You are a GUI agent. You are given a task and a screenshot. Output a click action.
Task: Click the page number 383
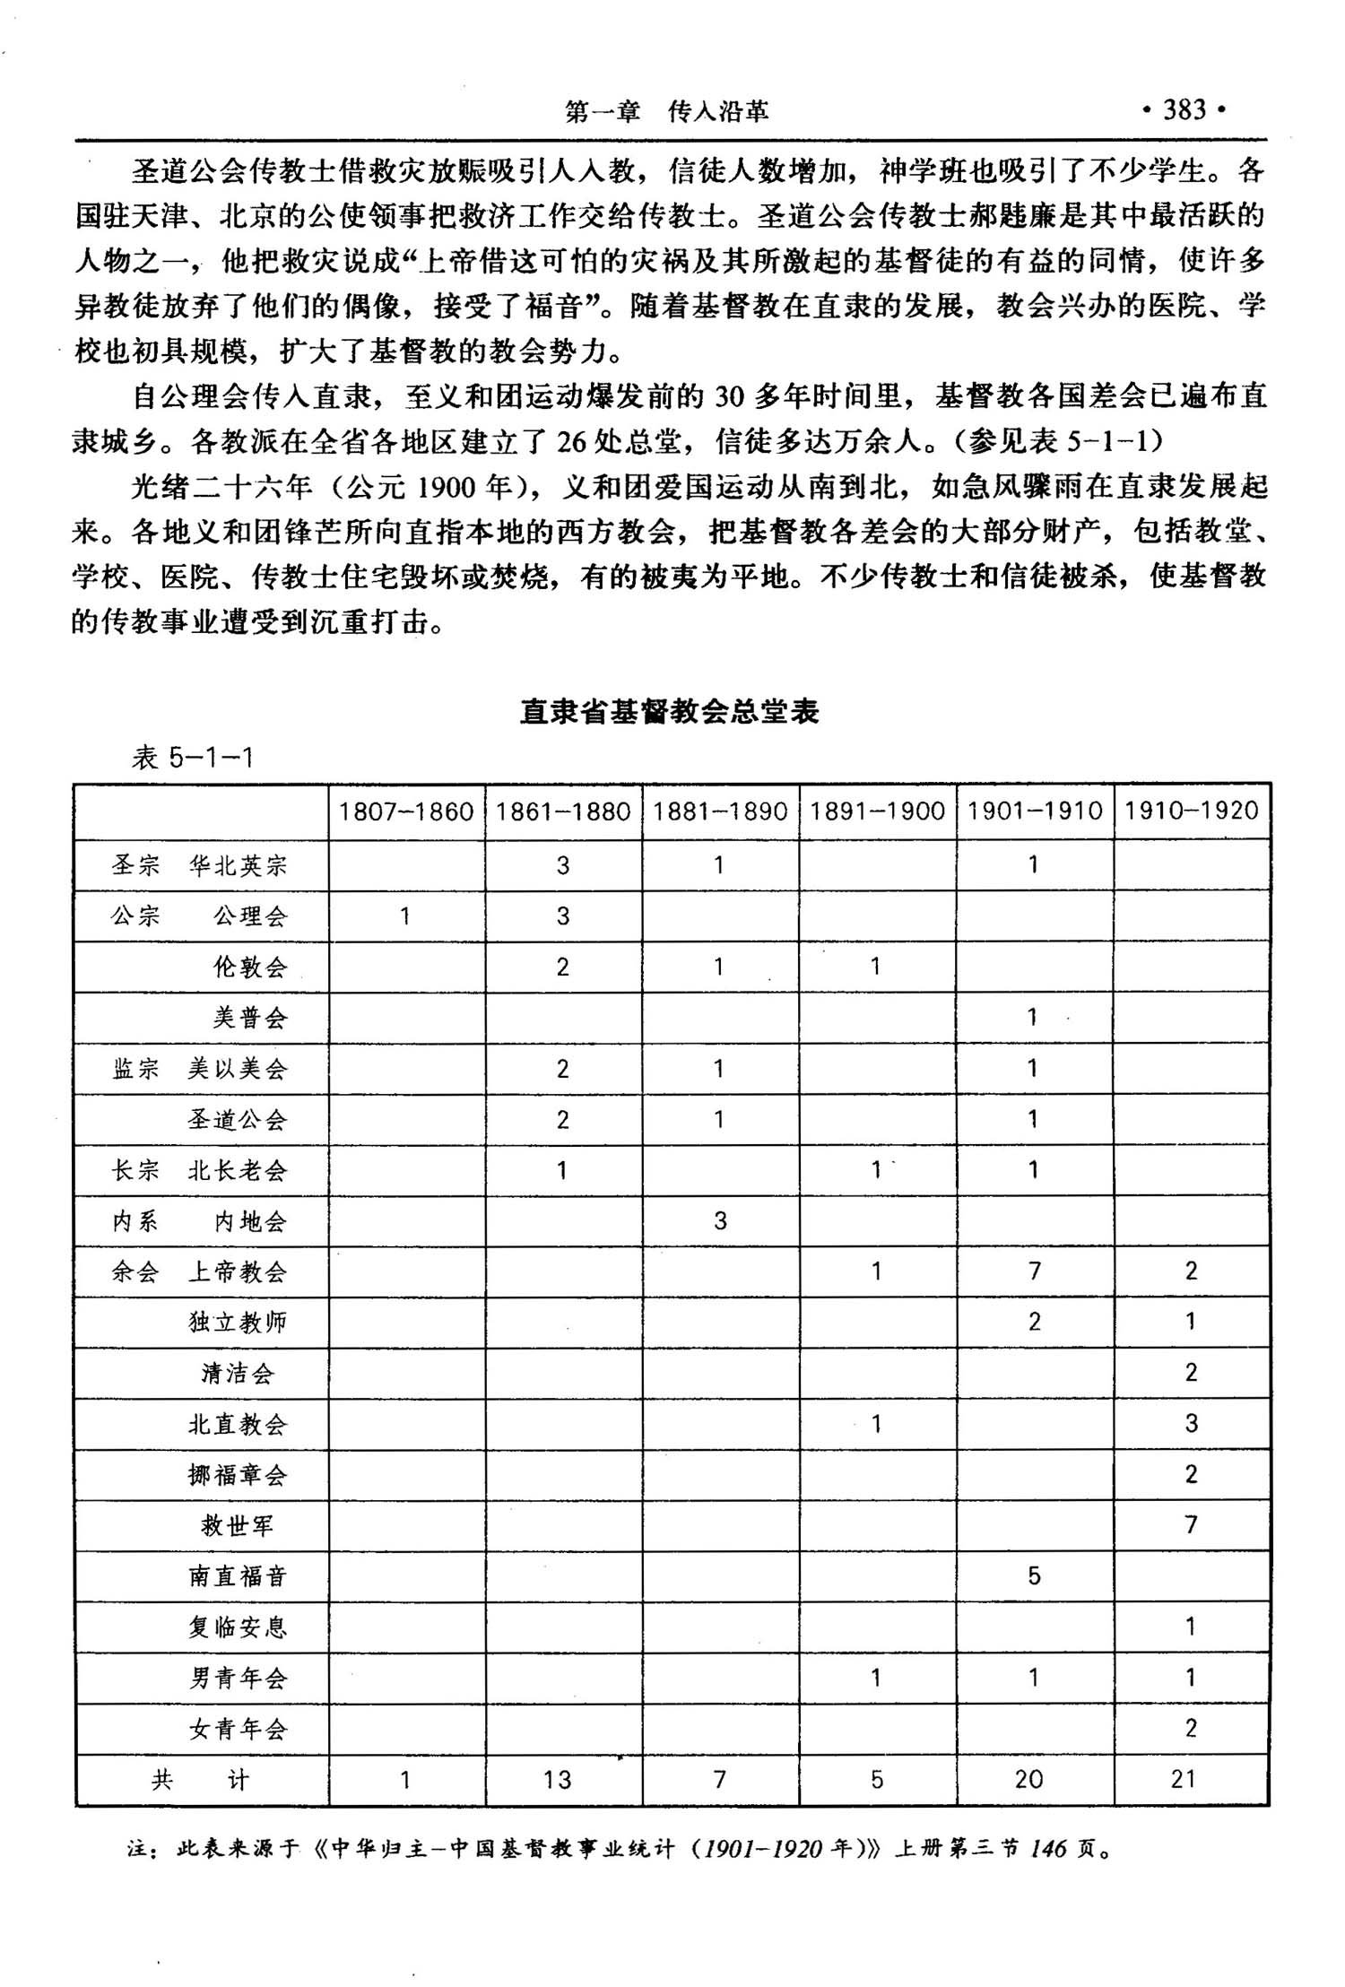tap(1184, 110)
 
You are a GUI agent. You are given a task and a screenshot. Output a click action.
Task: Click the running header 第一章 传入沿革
tap(666, 112)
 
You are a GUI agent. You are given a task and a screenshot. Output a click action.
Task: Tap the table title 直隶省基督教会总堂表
tap(670, 712)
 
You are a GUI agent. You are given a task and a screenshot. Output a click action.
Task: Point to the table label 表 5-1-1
tap(193, 759)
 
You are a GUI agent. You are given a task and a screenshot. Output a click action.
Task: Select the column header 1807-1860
tap(405, 811)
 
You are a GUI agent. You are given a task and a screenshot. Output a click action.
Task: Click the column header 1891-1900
tap(877, 811)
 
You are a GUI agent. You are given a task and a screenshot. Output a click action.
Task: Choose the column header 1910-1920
tap(1191, 811)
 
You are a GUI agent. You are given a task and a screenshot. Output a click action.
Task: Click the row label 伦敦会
tap(250, 967)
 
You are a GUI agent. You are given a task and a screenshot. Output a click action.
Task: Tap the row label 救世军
tap(238, 1525)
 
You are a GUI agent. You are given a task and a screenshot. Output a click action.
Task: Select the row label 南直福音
tap(238, 1576)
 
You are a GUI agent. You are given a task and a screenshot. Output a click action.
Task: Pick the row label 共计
tap(200, 1779)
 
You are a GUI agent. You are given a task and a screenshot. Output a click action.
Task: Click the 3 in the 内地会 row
tap(720, 1220)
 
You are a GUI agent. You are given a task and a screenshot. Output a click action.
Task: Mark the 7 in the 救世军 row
tap(1191, 1524)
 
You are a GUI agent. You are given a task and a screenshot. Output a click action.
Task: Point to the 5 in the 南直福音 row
tap(1034, 1575)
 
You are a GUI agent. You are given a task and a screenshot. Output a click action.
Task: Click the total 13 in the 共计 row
tap(557, 1779)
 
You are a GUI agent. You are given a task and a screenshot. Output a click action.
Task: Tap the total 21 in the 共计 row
tap(1184, 1779)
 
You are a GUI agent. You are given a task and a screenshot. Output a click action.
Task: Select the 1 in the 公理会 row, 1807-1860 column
tap(405, 915)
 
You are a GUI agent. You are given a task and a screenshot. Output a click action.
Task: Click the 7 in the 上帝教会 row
tap(1034, 1271)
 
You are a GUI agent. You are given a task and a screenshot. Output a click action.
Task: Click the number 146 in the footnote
tap(1048, 1849)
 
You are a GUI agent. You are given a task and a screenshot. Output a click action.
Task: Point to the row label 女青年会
tap(238, 1729)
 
